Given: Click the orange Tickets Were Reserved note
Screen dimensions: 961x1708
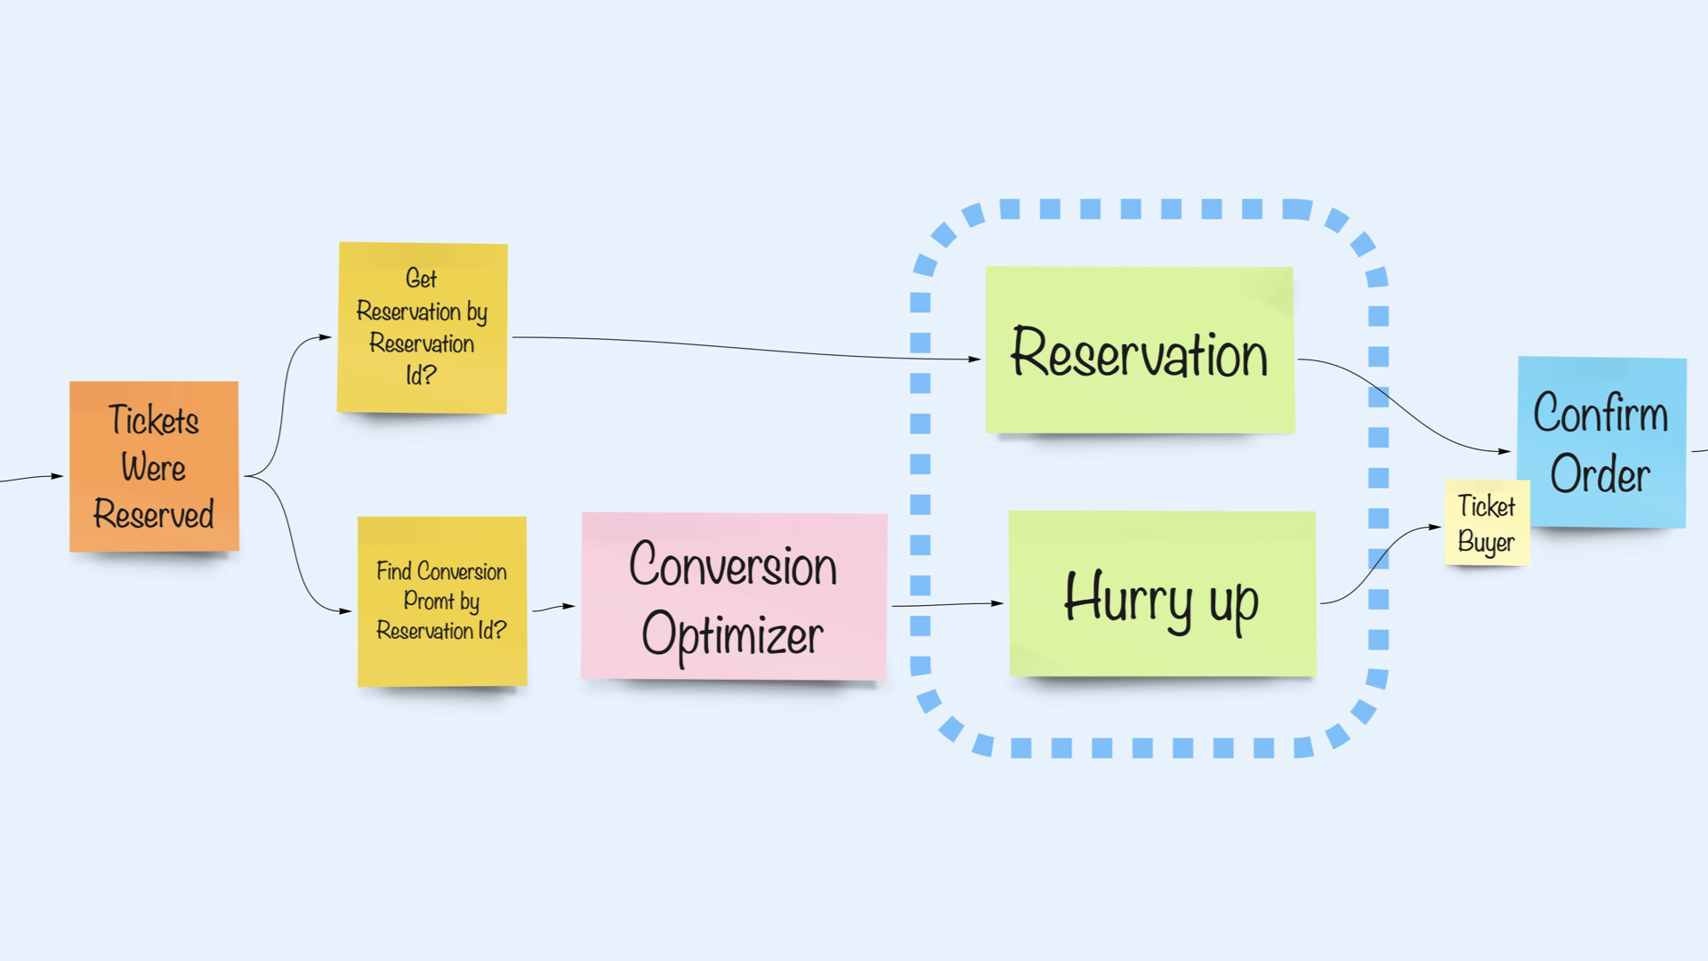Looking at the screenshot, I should click(x=154, y=466).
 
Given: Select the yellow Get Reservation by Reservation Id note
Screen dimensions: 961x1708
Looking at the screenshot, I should click(x=422, y=327).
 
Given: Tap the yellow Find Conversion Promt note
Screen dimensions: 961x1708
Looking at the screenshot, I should click(x=441, y=601).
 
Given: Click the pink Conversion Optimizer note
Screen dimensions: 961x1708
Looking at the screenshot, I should click(x=733, y=596).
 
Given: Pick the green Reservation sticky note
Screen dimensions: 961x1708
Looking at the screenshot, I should click(x=1139, y=351).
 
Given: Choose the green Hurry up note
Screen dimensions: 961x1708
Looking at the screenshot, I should click(x=1161, y=594).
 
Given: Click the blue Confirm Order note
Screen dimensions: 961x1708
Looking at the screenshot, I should click(x=1601, y=441).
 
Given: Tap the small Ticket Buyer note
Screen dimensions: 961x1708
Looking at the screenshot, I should click(x=1486, y=523).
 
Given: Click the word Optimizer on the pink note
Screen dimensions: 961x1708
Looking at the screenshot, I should click(x=732, y=635).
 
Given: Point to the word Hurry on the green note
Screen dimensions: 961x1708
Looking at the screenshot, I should click(x=1128, y=598).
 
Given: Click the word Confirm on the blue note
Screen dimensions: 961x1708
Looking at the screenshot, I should click(x=1599, y=413).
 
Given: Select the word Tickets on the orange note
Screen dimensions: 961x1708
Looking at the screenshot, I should click(x=153, y=420).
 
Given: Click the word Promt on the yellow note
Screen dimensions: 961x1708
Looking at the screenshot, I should click(x=428, y=601).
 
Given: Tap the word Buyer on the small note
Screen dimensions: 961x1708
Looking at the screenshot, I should click(x=1486, y=542).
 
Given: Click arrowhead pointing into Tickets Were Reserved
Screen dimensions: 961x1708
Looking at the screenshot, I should click(x=58, y=476).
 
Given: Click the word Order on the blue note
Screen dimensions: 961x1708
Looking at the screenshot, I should click(x=1599, y=474).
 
